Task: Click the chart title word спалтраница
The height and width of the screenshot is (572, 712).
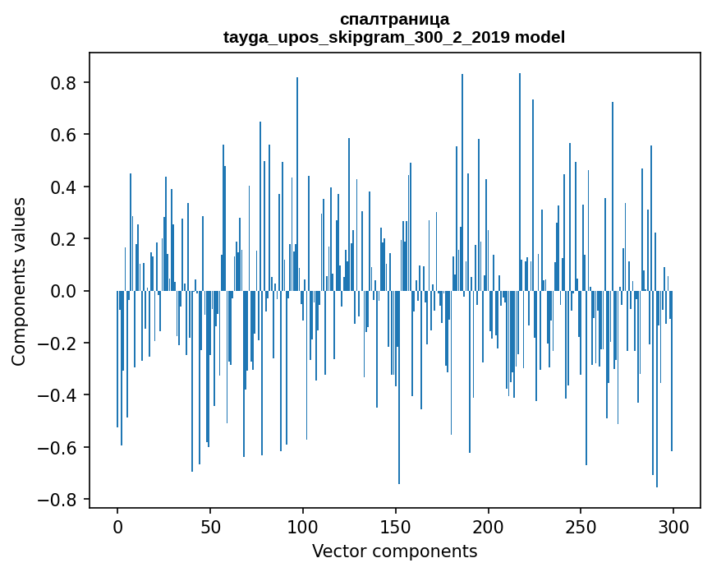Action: point(394,19)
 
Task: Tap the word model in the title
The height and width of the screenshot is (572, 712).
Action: point(540,37)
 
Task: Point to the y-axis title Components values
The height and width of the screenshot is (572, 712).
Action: point(19,281)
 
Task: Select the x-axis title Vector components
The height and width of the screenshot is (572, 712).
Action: point(394,551)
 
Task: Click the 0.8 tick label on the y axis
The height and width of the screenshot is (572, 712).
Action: point(63,83)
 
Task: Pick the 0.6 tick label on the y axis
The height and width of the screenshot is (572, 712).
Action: point(63,135)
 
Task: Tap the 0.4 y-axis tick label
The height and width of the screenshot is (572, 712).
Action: point(63,187)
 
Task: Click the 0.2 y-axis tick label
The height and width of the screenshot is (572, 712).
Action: point(63,239)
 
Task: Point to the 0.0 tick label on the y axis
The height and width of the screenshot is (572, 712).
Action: point(63,291)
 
